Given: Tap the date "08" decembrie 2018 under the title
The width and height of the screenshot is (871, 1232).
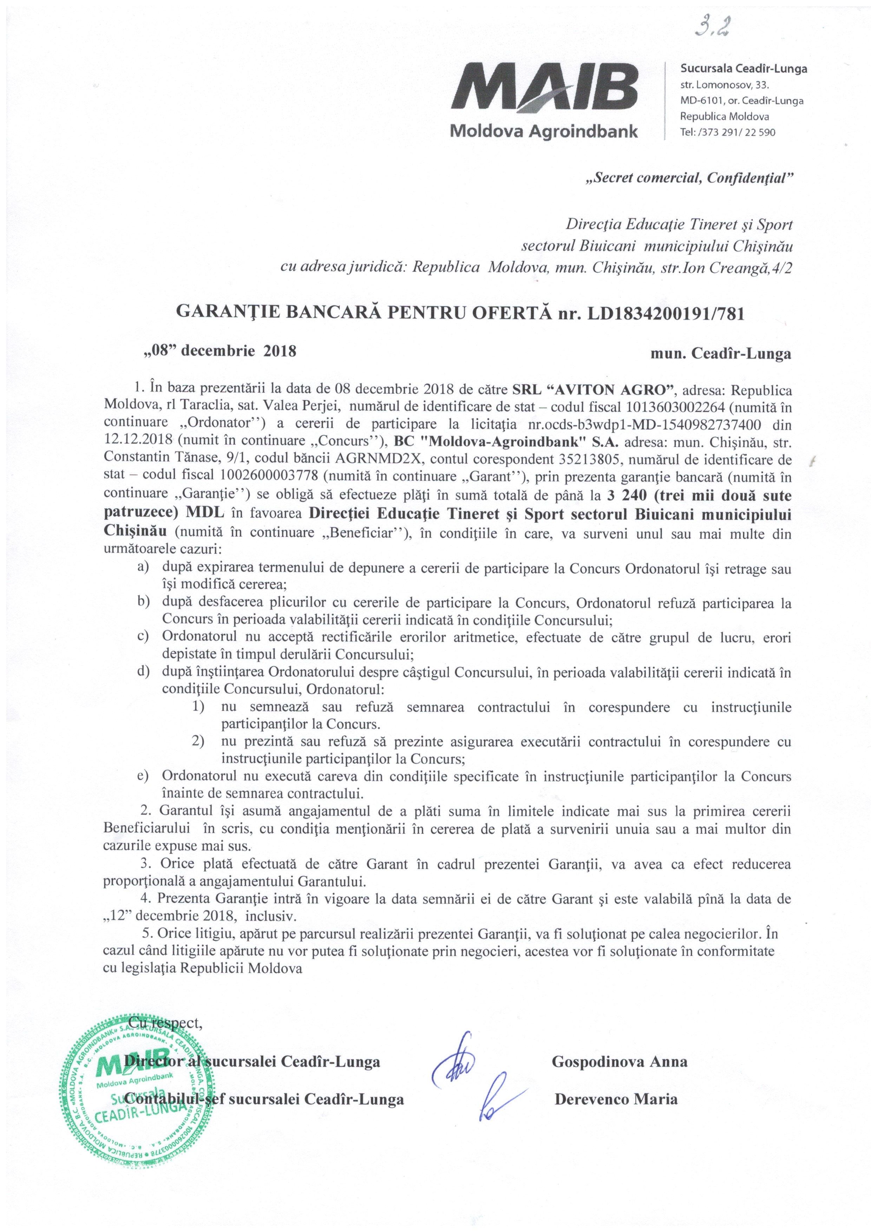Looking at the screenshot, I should coord(218,352).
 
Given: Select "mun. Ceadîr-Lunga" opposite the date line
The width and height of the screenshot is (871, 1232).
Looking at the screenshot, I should coord(721,354).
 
